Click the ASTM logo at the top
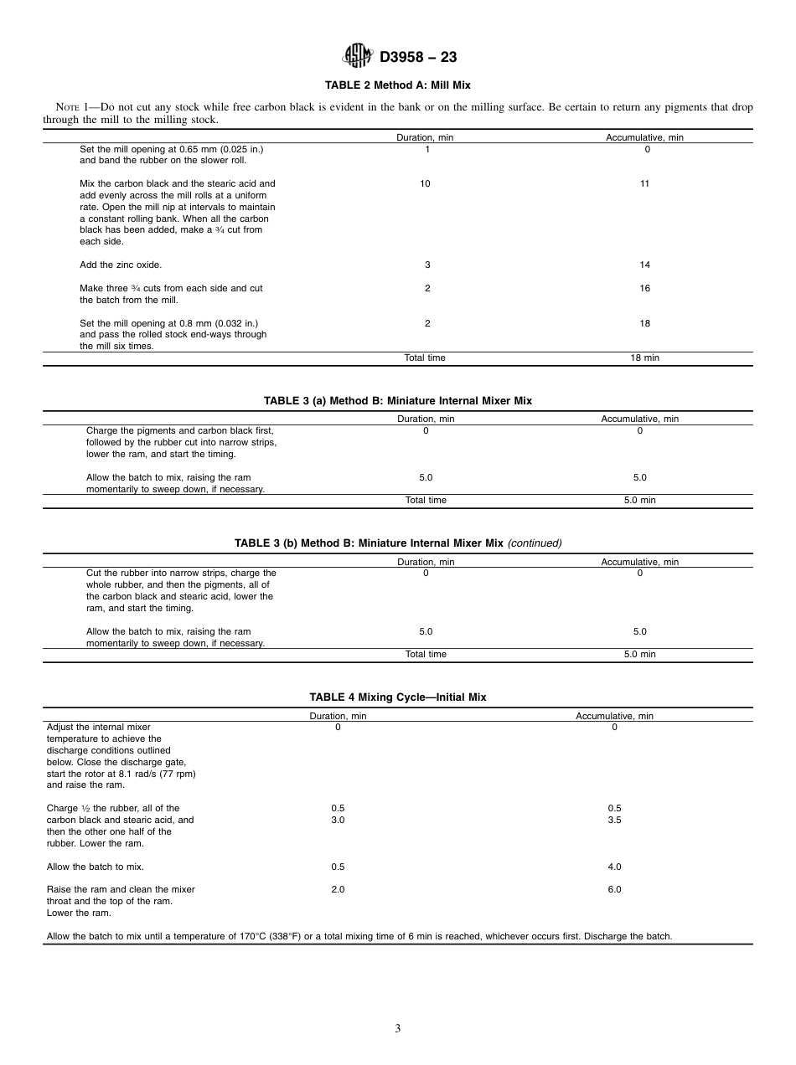point(357,57)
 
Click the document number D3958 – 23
point(418,58)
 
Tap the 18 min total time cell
point(644,358)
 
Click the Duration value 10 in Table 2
point(426,183)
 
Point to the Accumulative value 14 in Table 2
point(644,265)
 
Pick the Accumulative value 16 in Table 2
point(644,288)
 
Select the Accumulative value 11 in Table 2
point(644,183)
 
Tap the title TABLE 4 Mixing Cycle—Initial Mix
point(397,697)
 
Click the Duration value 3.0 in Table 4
point(338,820)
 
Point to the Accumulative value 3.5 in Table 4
point(614,820)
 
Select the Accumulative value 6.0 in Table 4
point(614,889)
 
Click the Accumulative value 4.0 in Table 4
point(614,867)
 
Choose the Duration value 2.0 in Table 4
point(338,889)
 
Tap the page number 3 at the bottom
point(398,1029)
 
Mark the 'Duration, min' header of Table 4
point(338,716)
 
